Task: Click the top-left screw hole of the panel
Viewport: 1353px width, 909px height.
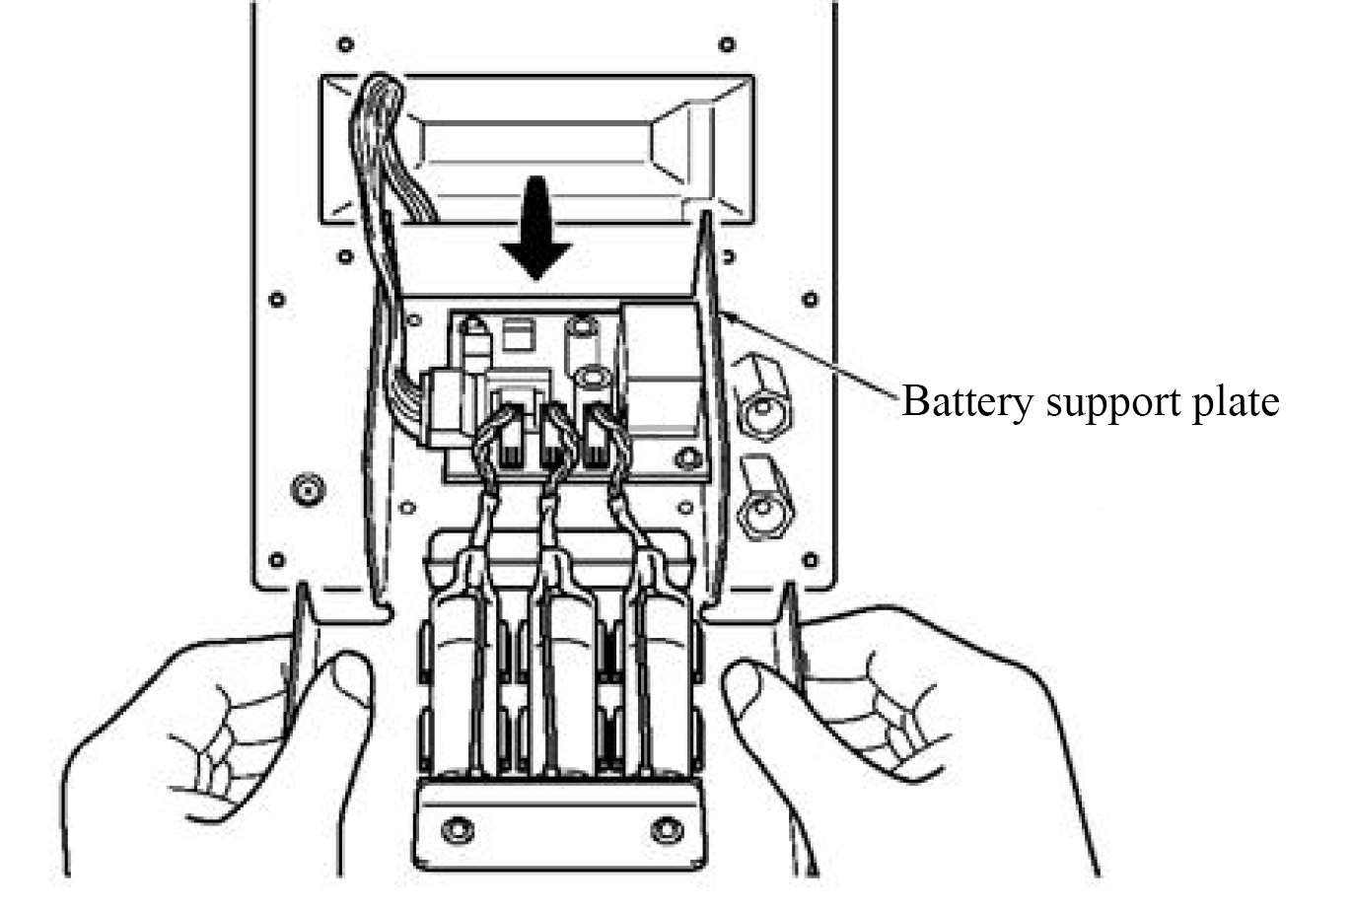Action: (344, 44)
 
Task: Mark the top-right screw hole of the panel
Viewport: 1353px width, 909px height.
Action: (727, 44)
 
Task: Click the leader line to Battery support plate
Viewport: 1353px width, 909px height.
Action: (809, 355)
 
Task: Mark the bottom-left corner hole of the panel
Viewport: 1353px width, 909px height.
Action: (277, 560)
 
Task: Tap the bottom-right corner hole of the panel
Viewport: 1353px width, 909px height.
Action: (811, 560)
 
